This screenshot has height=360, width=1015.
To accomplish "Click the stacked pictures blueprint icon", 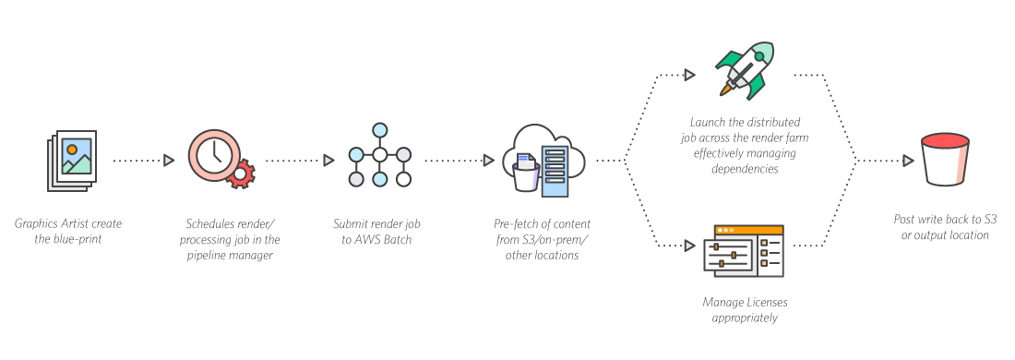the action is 72,161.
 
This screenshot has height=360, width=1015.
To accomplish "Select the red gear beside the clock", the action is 241,174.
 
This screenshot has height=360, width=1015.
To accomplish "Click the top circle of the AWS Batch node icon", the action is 380,129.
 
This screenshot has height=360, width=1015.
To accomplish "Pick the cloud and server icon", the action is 543,161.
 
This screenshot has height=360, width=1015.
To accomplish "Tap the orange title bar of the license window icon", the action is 748,230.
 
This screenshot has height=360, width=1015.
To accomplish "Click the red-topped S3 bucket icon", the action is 946,160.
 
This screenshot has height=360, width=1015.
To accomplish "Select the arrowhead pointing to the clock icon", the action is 169,160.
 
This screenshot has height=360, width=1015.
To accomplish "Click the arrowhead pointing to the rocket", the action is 690,75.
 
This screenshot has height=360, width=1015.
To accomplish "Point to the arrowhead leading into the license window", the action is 690,246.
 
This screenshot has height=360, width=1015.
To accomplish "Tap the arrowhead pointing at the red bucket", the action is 908,160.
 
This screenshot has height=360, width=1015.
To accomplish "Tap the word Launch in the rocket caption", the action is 706,122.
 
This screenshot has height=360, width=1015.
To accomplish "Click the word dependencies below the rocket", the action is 745,169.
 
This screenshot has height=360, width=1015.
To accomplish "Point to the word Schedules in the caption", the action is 207,224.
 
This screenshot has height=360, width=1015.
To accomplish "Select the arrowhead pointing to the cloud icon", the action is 489,160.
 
